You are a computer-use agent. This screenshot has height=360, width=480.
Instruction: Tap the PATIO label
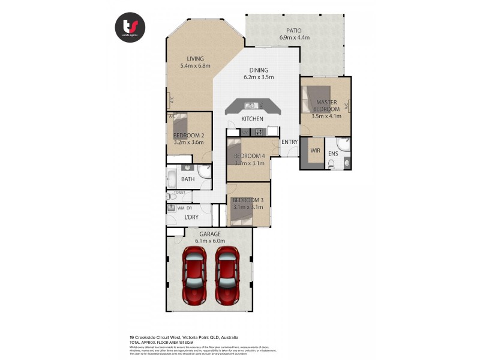[x=294, y=31]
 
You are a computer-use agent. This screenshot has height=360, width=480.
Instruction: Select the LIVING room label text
[x=195, y=58]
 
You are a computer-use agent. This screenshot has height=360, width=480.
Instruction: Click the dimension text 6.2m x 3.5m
[x=259, y=77]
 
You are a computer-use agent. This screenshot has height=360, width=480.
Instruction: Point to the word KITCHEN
[x=252, y=119]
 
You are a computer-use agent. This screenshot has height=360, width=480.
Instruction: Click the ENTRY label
[x=289, y=142]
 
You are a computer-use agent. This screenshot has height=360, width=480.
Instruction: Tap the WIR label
[x=315, y=151]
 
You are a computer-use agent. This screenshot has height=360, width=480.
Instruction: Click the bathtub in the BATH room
[x=172, y=179]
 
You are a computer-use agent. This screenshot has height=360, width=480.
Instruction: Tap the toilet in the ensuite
[x=346, y=162]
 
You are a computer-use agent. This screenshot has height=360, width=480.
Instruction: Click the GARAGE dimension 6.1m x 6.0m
[x=210, y=241]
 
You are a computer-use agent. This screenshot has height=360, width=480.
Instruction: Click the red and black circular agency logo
[x=131, y=27]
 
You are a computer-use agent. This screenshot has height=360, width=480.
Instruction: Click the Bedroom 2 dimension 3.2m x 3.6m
[x=188, y=142]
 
